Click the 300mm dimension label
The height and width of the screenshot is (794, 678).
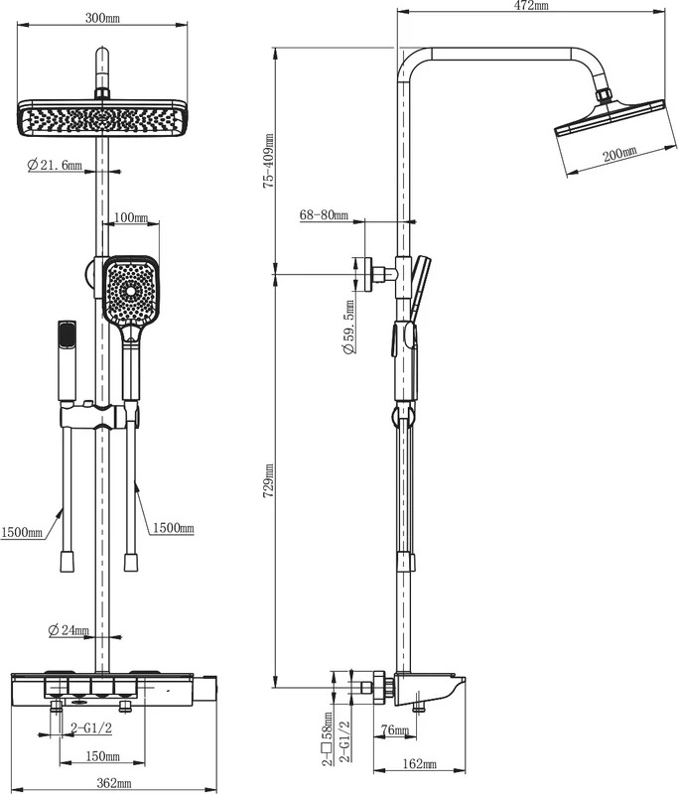coord(102,19)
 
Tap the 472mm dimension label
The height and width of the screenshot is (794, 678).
coord(531,6)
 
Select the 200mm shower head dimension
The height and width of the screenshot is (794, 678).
coord(619,153)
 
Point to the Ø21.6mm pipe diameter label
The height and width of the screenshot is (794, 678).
coord(55,165)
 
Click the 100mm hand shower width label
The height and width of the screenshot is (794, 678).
coord(131,217)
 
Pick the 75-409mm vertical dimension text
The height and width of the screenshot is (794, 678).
coord(268,161)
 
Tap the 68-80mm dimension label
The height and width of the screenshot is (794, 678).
coord(324,215)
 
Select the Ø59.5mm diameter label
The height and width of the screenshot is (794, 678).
coord(348,327)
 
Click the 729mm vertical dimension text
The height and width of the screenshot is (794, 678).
coord(268,480)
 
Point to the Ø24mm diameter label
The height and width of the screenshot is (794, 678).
coord(68,630)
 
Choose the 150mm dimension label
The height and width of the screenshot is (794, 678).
coord(103,756)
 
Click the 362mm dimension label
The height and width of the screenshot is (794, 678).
coord(114,783)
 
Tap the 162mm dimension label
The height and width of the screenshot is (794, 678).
coord(419,764)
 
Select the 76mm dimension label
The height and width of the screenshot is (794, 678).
coord(394,730)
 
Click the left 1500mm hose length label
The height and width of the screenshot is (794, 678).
coord(21,533)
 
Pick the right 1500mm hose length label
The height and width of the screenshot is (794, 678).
coord(174,528)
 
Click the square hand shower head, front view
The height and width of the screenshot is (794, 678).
coord(131,290)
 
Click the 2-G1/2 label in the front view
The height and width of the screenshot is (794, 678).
coord(91,728)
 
